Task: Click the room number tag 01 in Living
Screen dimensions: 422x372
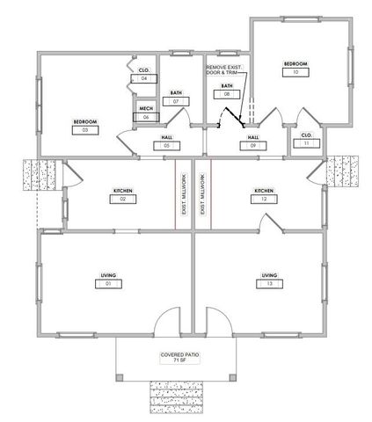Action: point(108,285)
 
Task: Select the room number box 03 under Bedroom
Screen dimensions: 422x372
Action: point(84,130)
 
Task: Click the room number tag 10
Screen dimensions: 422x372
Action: point(295,74)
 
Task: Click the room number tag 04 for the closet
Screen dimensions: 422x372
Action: point(144,78)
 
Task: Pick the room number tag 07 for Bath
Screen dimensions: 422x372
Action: point(176,102)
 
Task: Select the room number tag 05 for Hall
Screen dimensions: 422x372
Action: point(167,146)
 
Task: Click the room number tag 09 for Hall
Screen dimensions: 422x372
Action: point(252,146)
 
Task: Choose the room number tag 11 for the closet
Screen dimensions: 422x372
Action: point(306,143)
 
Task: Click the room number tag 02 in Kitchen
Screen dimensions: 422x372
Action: point(122,200)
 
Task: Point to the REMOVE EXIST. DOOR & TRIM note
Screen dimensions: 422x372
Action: point(228,70)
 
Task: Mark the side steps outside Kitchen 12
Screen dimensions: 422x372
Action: point(344,171)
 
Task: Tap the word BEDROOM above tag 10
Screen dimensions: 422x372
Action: point(295,64)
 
